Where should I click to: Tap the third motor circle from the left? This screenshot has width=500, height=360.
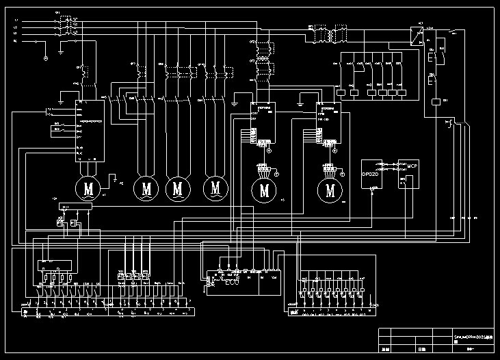(x=179, y=186)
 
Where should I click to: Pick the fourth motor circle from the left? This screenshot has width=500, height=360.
(x=216, y=186)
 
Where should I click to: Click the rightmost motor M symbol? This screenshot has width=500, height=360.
(x=331, y=190)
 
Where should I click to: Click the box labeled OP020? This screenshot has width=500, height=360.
(x=371, y=174)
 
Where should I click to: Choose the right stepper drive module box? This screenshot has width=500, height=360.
(x=330, y=123)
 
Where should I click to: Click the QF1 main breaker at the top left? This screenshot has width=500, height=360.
(x=68, y=27)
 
